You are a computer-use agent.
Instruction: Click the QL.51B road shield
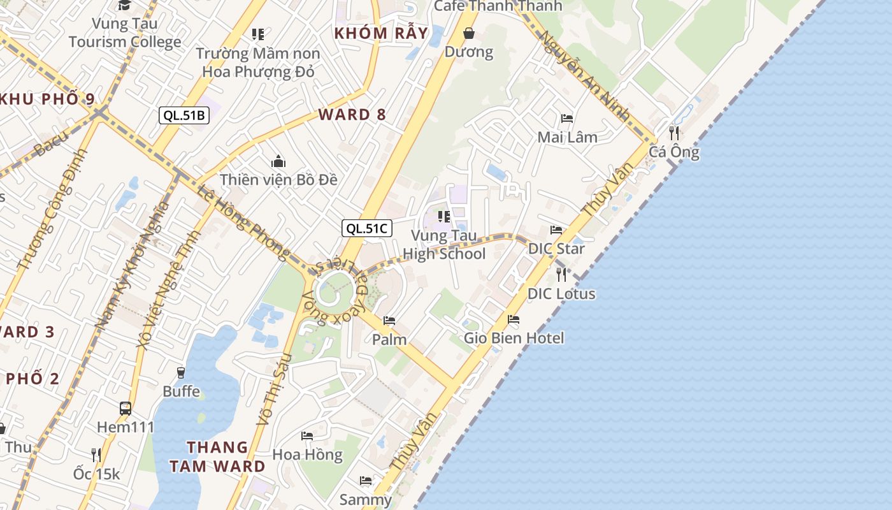183,115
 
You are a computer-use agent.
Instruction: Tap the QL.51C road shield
366,228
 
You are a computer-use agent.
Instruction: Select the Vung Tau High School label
444,245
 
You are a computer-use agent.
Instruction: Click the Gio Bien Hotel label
514,337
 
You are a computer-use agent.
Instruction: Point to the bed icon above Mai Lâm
567,118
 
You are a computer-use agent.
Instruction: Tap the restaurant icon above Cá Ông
674,133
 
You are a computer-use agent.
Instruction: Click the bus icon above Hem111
126,408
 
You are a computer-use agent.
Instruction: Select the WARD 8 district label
352,115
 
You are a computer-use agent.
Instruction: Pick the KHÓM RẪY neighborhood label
381,33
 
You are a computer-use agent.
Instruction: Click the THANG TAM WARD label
217,456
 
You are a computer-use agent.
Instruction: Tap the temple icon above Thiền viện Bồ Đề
278,161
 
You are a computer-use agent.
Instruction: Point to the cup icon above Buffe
181,372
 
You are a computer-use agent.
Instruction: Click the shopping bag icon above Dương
469,33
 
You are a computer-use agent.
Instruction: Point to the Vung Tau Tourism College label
125,33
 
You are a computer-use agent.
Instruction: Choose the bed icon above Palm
389,320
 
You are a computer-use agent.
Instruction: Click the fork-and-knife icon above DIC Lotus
561,275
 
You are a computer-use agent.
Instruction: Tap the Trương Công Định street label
47,211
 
